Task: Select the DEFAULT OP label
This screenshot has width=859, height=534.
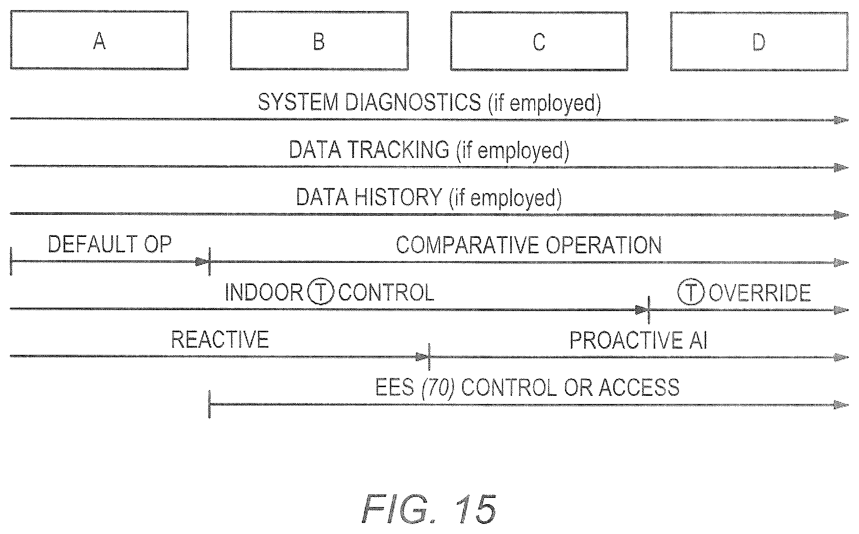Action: point(110,244)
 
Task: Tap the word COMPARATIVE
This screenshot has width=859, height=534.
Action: point(466,245)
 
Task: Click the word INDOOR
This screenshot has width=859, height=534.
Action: point(264,292)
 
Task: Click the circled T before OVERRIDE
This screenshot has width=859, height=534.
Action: point(691,292)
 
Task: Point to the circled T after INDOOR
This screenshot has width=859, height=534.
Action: point(321,292)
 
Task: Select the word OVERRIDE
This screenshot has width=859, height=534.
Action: point(760,292)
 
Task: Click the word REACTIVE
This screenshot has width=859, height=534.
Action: point(220,339)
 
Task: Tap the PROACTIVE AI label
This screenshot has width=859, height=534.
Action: point(639,340)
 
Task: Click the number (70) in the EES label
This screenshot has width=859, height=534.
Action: point(438,387)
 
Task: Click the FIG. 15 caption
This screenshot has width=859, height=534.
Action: point(429,508)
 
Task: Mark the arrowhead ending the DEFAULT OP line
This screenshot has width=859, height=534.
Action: point(202,262)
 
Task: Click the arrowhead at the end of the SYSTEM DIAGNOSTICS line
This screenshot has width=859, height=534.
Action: point(841,120)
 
